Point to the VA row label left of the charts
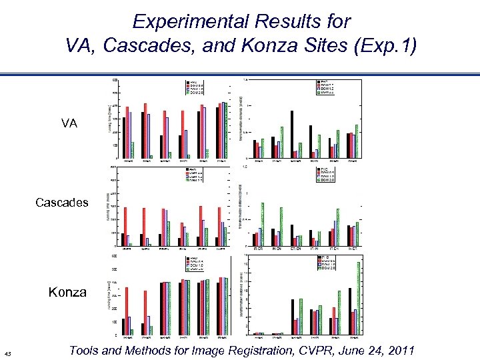coord(69,123)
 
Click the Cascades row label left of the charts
coord(61,202)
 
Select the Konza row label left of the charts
coord(67,291)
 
